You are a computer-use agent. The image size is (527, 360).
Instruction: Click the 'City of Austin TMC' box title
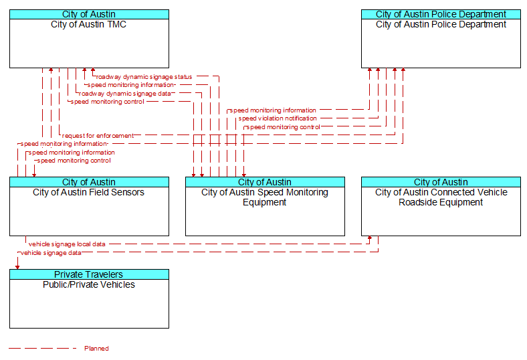[89, 24]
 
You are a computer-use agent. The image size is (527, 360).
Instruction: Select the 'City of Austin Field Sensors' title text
[89, 192]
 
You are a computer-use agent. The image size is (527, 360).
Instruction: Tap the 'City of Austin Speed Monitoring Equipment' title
[265, 197]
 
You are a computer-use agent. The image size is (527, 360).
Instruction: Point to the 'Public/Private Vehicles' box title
[89, 284]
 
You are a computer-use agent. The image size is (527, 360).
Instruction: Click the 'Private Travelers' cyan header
[89, 274]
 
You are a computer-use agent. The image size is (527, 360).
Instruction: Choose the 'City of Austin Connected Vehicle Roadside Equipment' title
[441, 197]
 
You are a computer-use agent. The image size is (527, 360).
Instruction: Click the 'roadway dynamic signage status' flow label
[144, 77]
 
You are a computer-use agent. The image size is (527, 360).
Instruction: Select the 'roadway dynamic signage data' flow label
[125, 94]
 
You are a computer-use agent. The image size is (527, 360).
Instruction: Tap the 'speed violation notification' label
[278, 118]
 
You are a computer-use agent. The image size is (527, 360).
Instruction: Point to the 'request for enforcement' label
[98, 136]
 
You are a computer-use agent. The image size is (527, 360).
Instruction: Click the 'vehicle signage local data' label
[67, 244]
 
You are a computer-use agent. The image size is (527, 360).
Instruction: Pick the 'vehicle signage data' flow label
[51, 253]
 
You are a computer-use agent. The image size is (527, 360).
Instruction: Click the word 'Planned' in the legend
[96, 348]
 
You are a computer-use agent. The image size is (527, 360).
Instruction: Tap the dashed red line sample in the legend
[43, 348]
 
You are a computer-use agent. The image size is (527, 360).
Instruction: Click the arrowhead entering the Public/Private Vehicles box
[17, 267]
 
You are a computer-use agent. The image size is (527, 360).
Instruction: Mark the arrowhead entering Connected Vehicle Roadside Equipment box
[370, 238]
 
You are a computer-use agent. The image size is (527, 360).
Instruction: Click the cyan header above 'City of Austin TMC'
[89, 14]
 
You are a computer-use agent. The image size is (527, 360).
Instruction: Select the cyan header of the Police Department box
[441, 14]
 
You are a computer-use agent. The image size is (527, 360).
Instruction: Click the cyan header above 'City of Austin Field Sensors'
[89, 182]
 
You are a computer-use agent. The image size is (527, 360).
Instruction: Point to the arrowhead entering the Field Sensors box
[34, 175]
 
